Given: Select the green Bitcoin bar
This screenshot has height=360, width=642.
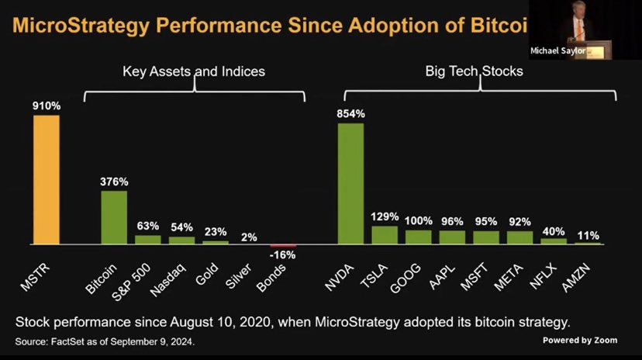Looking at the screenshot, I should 114,217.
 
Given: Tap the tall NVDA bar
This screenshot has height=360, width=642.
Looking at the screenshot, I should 350,184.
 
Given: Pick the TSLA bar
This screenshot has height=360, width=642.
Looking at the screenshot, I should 385,235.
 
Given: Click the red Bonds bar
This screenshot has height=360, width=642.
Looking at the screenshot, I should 283,245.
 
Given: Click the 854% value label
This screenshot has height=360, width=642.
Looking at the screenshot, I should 350,113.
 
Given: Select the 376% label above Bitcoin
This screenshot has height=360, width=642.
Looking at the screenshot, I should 114,182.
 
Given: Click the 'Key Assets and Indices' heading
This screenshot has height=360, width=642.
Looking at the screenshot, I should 193,71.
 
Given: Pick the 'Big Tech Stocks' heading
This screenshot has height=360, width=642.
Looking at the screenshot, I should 474,71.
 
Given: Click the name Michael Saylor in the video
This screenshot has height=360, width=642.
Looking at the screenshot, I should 557,51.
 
